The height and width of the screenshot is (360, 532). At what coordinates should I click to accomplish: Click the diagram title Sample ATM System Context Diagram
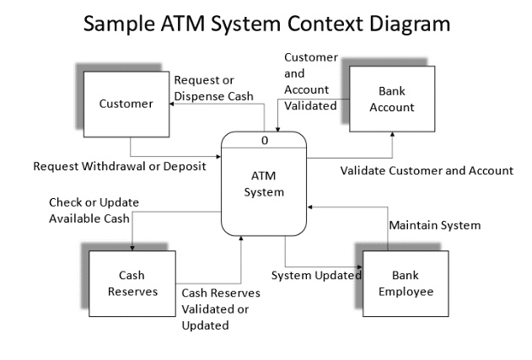(x=266, y=24)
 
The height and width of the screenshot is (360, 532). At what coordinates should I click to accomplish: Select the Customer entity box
(x=126, y=105)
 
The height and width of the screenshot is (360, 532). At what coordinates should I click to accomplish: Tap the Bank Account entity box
(x=392, y=100)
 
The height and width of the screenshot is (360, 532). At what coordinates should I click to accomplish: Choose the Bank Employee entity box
(x=406, y=283)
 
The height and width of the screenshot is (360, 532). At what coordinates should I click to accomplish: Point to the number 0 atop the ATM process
(x=265, y=140)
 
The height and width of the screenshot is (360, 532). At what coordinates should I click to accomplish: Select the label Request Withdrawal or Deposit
(x=119, y=166)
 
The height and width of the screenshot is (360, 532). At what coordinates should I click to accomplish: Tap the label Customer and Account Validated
(x=310, y=82)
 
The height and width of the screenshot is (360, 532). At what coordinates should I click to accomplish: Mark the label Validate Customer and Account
(x=427, y=170)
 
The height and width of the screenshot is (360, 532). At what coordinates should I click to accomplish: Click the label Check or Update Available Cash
(x=89, y=210)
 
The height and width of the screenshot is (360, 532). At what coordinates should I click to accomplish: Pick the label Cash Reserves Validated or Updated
(x=220, y=309)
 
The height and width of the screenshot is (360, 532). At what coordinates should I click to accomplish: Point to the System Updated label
(x=316, y=275)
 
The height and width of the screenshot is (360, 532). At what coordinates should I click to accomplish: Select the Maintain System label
(x=434, y=225)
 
